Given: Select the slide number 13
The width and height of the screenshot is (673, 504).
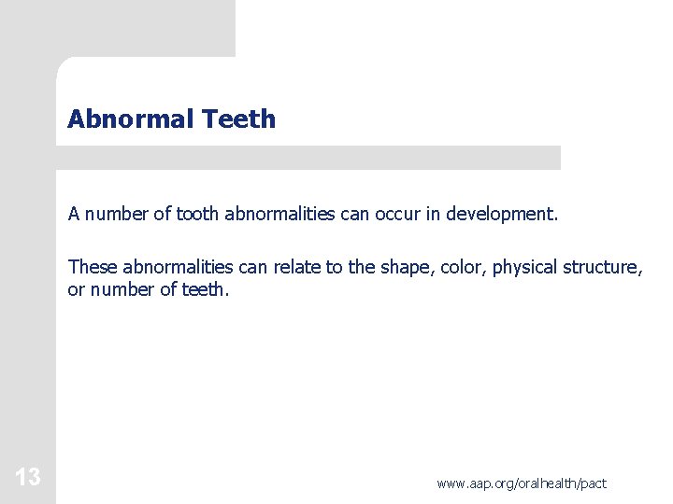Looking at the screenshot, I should pyautogui.click(x=27, y=478).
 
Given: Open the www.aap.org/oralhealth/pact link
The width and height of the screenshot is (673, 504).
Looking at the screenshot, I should pyautogui.click(x=521, y=483).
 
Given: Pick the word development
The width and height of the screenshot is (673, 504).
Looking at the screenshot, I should pyautogui.click(x=501, y=215).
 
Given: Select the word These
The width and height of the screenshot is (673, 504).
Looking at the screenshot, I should pyautogui.click(x=93, y=268).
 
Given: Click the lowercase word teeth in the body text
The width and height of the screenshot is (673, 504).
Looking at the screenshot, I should pyautogui.click(x=205, y=290).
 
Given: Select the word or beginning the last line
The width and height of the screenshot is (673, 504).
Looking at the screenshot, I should pyautogui.click(x=76, y=290).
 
